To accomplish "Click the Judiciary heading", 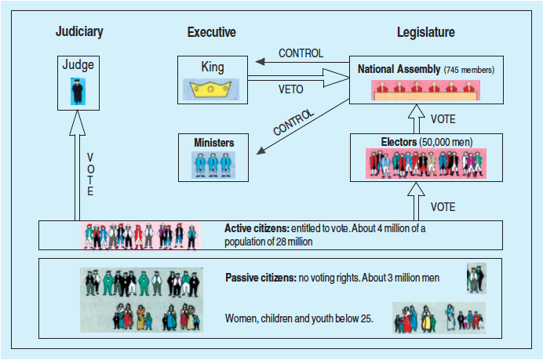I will (x=79, y=32).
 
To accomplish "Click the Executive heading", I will (x=211, y=32).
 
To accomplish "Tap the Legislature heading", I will (x=425, y=32).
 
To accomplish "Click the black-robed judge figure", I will (x=78, y=92).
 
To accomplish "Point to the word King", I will (x=213, y=68).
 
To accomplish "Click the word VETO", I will (x=290, y=89).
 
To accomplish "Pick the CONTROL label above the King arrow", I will (x=300, y=53).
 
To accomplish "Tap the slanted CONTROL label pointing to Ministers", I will (x=293, y=122).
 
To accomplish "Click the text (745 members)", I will (x=470, y=70).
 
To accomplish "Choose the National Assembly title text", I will (x=399, y=69).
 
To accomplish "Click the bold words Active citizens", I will (x=256, y=228).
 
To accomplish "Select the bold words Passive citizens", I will (x=259, y=278).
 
